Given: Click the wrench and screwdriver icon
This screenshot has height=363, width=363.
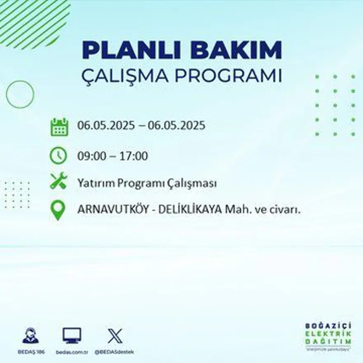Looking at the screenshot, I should tap(58, 181).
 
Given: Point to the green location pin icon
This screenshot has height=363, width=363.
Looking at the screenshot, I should tap(58, 210).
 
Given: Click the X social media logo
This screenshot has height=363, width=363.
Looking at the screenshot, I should tap(115, 335).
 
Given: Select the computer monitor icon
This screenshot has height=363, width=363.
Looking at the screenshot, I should tap(72, 335).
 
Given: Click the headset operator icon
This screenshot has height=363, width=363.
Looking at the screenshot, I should tap(31, 335).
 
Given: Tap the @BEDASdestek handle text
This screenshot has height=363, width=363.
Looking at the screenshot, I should tap(114, 352).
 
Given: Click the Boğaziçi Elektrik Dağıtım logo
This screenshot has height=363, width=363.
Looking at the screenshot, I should tap(328, 336).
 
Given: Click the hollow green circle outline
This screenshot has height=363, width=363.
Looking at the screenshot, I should tap(20, 95).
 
